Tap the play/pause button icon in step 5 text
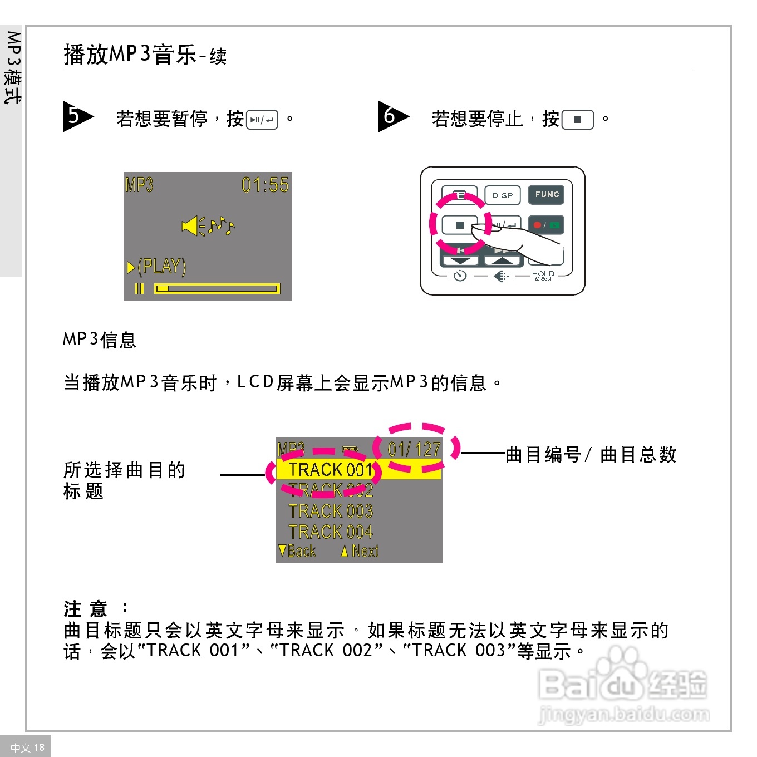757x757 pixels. tap(262, 120)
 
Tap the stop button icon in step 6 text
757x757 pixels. tap(577, 120)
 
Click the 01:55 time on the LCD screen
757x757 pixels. tap(265, 185)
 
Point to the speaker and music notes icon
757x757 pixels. tap(208, 225)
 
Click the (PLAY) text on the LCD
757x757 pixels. tap(161, 267)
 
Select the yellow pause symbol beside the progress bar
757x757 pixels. tap(139, 288)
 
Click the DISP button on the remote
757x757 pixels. tap(502, 195)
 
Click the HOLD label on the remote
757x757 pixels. tap(543, 274)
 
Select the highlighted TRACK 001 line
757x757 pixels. tap(331, 470)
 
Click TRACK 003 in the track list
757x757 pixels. tap(331, 511)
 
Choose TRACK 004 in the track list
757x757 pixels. tap(331, 532)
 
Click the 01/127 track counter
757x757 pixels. tap(414, 449)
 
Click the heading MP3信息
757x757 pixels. tap(100, 340)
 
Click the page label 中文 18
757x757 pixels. tap(27, 747)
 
